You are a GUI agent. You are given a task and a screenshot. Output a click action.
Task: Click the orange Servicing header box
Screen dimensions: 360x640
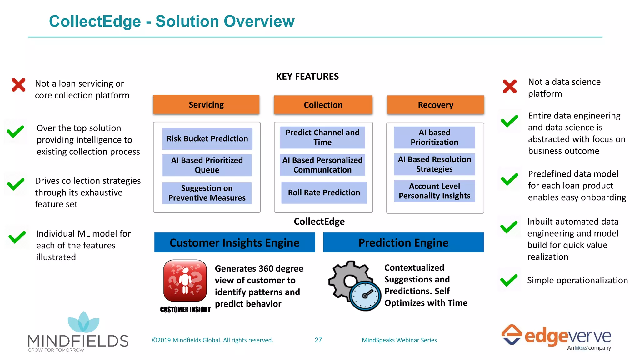(x=206, y=105)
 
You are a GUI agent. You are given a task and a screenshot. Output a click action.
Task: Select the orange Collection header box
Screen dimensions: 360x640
(x=323, y=105)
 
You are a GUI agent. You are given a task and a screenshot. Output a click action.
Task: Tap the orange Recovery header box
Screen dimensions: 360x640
(x=435, y=105)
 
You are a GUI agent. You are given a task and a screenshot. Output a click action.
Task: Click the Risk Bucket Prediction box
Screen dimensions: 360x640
(x=207, y=138)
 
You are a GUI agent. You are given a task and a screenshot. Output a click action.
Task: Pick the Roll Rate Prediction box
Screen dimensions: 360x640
(x=324, y=192)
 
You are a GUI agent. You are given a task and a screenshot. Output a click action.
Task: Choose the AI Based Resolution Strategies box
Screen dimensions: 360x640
(x=434, y=164)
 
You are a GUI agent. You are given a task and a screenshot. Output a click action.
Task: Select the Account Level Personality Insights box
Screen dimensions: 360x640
(x=434, y=191)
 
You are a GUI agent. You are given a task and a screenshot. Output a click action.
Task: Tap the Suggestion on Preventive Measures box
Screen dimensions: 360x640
(x=207, y=193)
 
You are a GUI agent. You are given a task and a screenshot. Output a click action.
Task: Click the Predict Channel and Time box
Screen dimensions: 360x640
(x=322, y=137)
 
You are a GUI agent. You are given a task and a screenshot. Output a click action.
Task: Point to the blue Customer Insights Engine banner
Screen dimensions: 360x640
(x=234, y=242)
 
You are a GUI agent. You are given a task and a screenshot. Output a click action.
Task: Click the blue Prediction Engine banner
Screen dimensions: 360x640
(x=403, y=242)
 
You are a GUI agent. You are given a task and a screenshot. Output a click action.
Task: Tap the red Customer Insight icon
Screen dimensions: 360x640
(x=185, y=281)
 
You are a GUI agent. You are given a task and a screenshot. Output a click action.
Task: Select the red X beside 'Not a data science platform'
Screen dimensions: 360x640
(x=510, y=87)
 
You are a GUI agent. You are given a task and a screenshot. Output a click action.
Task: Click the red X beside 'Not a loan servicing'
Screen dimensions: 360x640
(x=18, y=85)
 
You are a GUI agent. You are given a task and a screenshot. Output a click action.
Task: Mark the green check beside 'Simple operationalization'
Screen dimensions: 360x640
(x=509, y=280)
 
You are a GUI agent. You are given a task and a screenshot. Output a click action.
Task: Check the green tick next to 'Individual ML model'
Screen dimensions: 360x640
(x=17, y=237)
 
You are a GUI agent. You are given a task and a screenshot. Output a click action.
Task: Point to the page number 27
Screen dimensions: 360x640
(x=318, y=340)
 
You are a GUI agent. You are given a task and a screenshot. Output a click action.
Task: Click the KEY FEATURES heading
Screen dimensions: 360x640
(x=307, y=77)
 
